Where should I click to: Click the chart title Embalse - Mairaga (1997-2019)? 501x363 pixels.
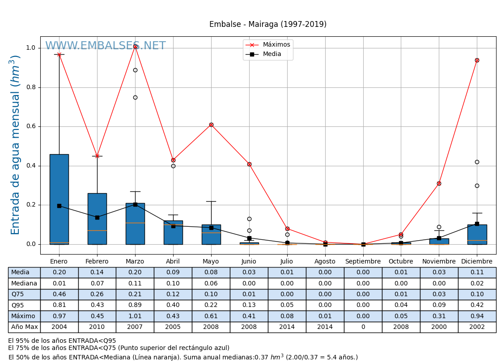tap(267, 25)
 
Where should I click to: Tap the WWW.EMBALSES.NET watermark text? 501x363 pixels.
tap(105, 46)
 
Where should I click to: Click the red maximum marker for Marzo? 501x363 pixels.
tap(135, 46)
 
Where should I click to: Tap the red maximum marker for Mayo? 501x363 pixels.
tap(211, 125)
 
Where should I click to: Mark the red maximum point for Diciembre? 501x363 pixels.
tap(477, 60)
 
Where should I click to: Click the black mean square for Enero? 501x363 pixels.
tap(59, 206)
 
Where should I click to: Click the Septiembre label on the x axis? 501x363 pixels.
tap(363, 262)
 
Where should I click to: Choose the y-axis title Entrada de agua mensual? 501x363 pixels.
tap(16, 144)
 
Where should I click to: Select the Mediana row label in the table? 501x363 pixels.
tap(24, 284)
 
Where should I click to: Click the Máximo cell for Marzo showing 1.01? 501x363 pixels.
tap(135, 316)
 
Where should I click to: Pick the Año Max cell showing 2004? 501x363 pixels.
tap(59, 327)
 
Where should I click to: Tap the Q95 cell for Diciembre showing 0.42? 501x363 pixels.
tap(477, 305)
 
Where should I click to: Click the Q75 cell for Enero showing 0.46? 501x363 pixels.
tap(59, 294)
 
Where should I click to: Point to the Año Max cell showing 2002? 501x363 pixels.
tap(477, 327)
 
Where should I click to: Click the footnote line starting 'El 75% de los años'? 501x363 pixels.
tap(119, 348)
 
